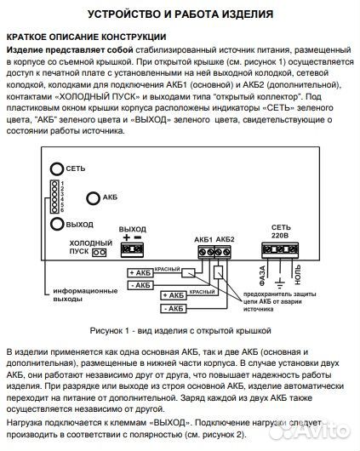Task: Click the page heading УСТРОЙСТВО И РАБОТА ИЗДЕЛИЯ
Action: click(x=180, y=14)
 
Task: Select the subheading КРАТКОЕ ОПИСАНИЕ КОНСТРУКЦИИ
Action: click(x=84, y=37)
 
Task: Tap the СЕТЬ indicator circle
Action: click(x=56, y=169)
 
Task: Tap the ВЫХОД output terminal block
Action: click(x=132, y=249)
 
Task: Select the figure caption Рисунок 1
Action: click(x=180, y=328)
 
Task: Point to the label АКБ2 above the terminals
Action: click(x=223, y=239)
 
